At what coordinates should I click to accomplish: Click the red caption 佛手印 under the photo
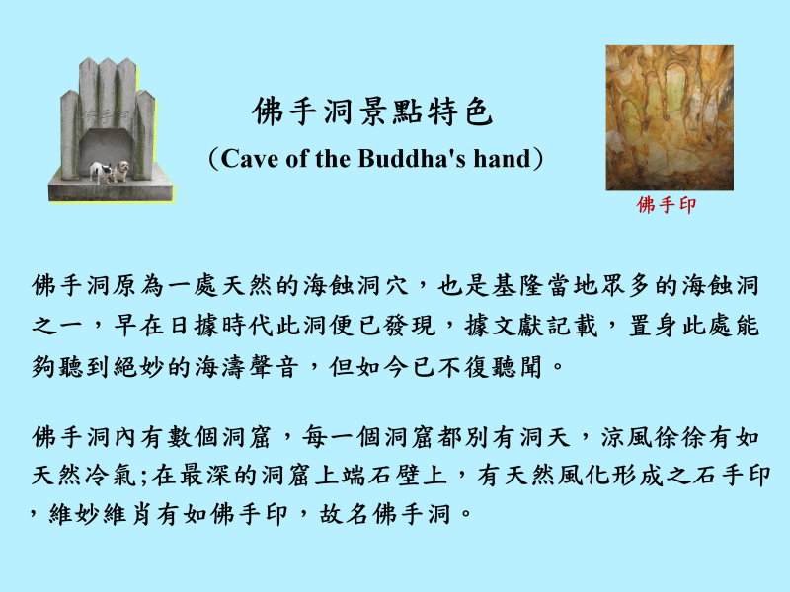[x=666, y=205]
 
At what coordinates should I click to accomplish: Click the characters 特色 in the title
[x=460, y=111]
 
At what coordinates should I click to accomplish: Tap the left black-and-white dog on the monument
[x=101, y=172]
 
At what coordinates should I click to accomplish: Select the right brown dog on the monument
[x=121, y=171]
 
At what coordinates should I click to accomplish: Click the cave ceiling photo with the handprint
[x=670, y=117]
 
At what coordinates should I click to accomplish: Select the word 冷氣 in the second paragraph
[x=112, y=475]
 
